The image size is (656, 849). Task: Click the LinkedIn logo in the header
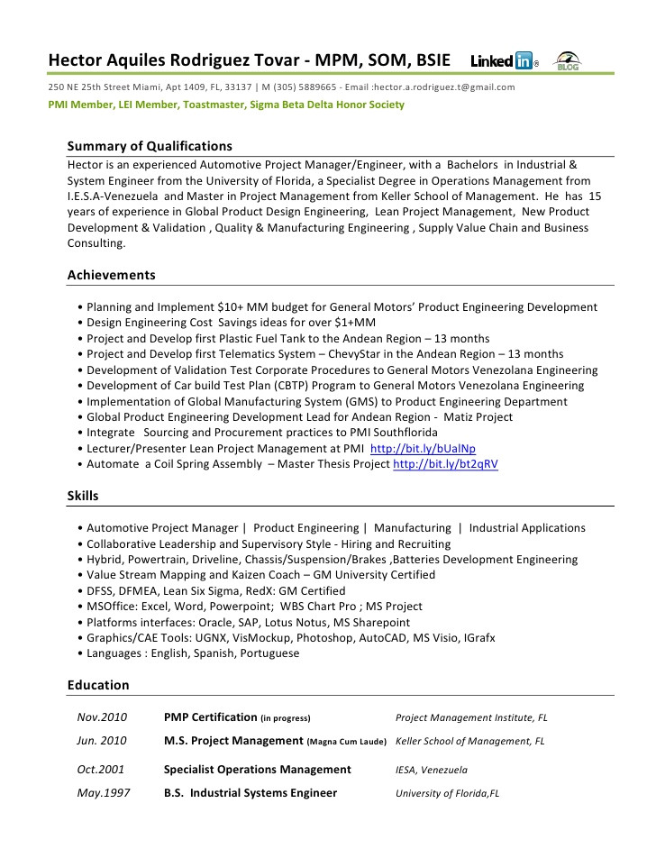(x=504, y=61)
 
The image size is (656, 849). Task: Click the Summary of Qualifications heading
(x=150, y=146)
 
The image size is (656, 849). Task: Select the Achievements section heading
(x=111, y=275)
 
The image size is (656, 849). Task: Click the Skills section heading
(x=83, y=496)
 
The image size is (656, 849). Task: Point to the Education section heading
(x=97, y=685)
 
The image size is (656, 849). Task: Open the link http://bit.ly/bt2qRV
(x=445, y=464)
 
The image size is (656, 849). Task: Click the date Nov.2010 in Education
(x=102, y=717)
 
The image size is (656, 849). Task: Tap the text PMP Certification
(x=210, y=717)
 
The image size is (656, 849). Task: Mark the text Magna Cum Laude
(x=346, y=742)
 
